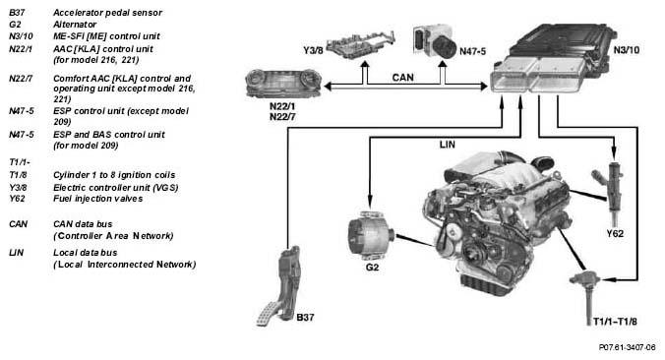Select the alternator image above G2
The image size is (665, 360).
tap(371, 236)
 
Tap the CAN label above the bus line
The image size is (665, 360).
tap(402, 77)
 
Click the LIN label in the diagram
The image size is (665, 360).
tap(447, 145)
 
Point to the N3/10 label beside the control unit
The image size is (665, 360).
tap(627, 49)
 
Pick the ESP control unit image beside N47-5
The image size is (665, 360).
tap(435, 41)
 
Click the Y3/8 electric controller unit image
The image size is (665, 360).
tap(361, 43)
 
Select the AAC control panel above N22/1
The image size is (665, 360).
tap(283, 83)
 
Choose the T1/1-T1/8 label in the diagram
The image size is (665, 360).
tap(615, 322)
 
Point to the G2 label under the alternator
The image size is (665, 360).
tap(372, 268)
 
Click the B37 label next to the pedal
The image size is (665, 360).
tap(305, 317)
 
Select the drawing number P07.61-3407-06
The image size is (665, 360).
tap(627, 347)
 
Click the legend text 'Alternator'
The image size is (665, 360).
tap(75, 25)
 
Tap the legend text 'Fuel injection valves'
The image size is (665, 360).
tap(98, 199)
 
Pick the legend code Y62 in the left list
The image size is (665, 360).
tap(17, 199)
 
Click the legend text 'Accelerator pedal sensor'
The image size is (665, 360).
tap(108, 13)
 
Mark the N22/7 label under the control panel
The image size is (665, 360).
tap(282, 117)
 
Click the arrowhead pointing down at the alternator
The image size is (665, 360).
tap(370, 202)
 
